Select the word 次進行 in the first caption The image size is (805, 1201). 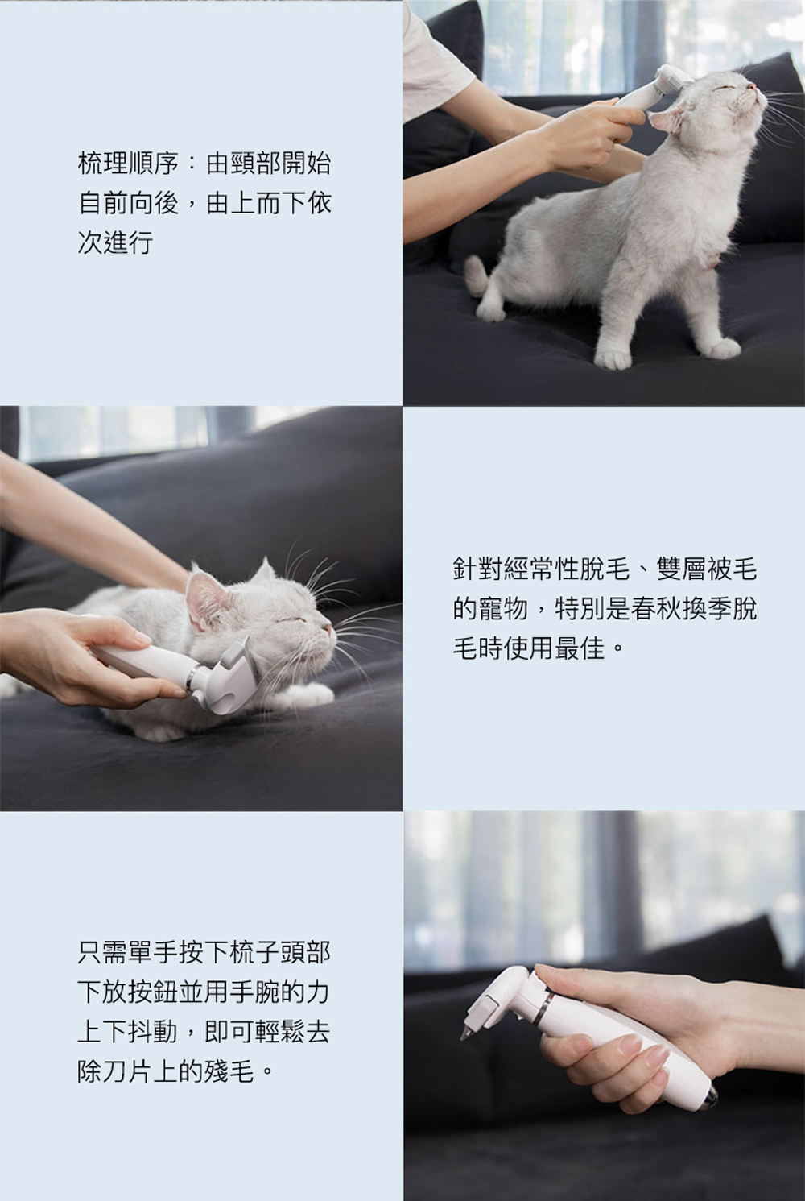pos(115,242)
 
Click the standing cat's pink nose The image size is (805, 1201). pos(751,85)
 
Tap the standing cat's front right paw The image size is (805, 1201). pos(613,358)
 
